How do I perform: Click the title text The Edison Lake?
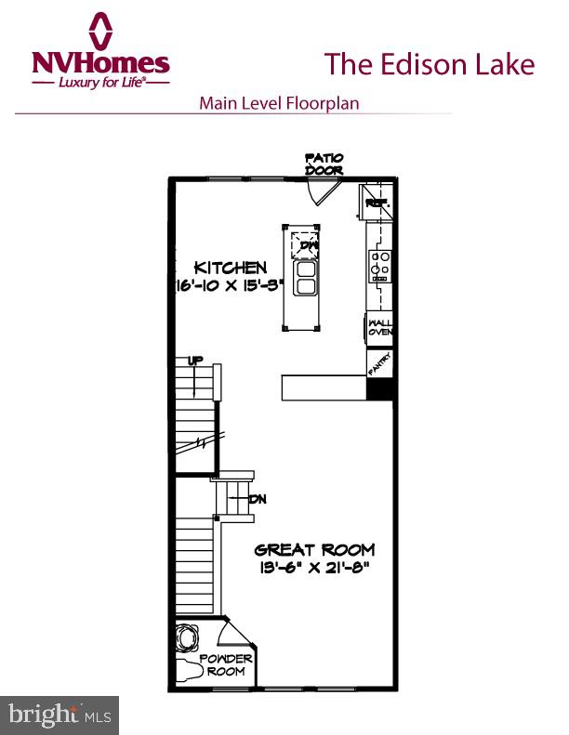429,64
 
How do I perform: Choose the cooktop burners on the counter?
379,265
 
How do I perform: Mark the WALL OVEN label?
380,326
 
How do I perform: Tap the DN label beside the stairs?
258,499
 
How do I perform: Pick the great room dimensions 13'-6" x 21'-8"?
310,569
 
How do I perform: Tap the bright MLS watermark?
58,715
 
